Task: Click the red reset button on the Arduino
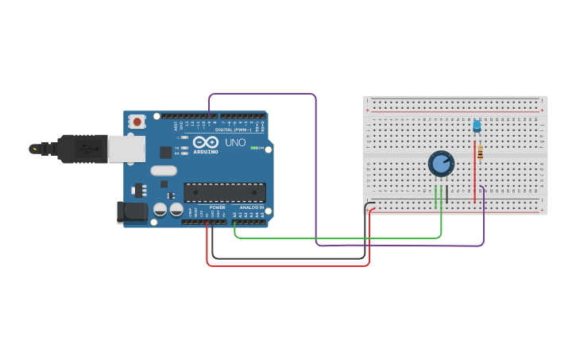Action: click(137, 122)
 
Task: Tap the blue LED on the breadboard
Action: click(477, 126)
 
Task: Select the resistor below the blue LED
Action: click(480, 153)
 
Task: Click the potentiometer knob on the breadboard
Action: click(441, 164)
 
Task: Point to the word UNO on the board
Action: click(235, 143)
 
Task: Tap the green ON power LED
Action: click(254, 148)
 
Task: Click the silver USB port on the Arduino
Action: click(126, 149)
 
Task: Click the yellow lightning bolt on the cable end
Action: click(34, 149)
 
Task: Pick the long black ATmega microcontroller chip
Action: click(225, 192)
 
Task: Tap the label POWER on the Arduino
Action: click(217, 207)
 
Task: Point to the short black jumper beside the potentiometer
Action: click(446, 195)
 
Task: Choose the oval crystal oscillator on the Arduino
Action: click(163, 170)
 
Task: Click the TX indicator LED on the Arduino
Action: click(184, 148)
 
